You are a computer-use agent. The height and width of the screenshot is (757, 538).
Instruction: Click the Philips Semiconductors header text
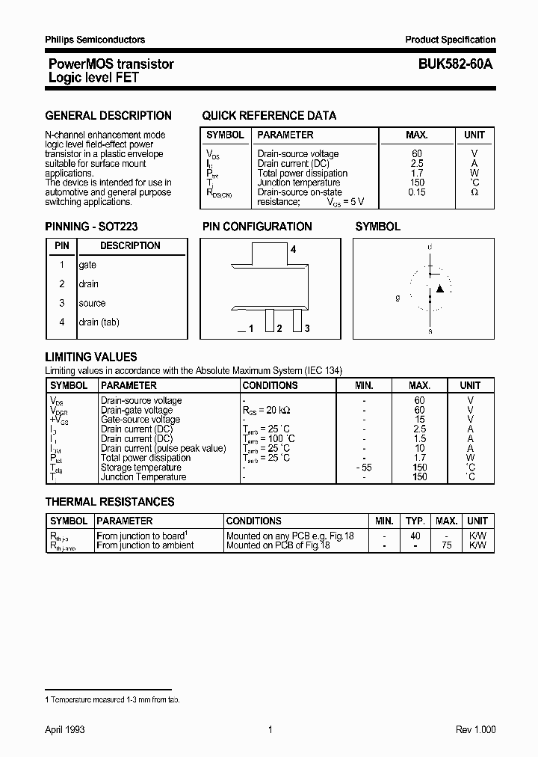(x=95, y=40)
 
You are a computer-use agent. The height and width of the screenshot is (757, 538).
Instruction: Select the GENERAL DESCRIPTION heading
(x=108, y=116)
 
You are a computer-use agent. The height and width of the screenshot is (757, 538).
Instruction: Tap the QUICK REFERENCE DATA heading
(x=269, y=116)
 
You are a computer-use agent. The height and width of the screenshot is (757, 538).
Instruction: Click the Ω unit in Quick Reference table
(x=474, y=192)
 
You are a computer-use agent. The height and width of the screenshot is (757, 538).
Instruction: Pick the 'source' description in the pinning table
(x=93, y=303)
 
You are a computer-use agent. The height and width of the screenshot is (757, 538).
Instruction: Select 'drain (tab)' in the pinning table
(x=99, y=322)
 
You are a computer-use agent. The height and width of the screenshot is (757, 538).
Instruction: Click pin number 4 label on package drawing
(x=294, y=250)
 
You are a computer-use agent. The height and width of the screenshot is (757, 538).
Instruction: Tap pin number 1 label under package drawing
(x=251, y=329)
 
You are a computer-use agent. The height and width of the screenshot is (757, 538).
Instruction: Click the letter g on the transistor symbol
(x=398, y=297)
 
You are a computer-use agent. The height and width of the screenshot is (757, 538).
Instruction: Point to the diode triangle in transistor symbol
(x=440, y=288)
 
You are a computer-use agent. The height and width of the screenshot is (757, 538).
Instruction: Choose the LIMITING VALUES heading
(x=91, y=358)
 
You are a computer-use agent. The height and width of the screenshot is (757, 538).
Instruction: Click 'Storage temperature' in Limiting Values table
(x=141, y=468)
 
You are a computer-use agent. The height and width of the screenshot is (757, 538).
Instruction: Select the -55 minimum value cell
(x=364, y=468)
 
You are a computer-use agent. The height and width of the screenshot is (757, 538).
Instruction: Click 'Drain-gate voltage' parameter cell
(x=137, y=410)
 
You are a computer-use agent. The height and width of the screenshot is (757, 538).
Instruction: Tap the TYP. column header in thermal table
(x=415, y=521)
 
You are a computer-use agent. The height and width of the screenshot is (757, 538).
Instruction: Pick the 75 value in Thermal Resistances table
(x=447, y=546)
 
